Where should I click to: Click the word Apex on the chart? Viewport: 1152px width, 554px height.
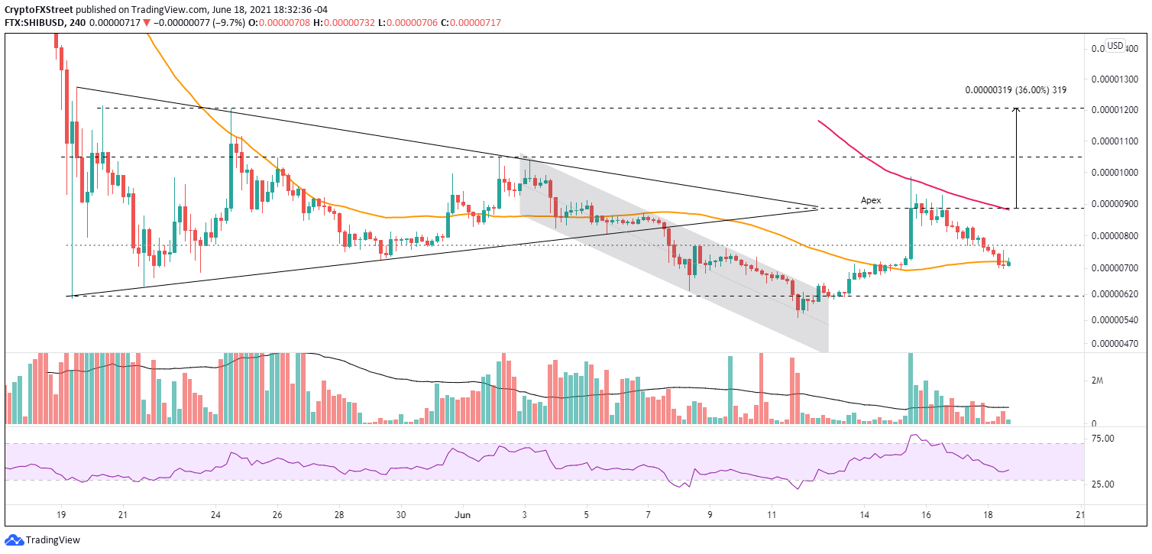point(871,200)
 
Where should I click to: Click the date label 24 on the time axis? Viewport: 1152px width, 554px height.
point(216,514)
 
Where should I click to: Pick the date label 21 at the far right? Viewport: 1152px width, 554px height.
point(1080,514)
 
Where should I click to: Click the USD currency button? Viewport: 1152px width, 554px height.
point(1115,46)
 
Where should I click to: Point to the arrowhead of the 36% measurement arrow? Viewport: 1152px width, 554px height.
point(1016,109)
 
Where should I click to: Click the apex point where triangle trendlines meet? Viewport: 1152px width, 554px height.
point(818,207)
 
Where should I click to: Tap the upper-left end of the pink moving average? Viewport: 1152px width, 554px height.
point(818,121)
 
